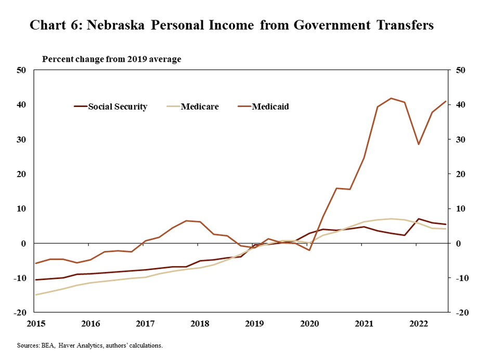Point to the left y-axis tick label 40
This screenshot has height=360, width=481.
[21, 104]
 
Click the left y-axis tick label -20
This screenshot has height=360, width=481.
[19, 313]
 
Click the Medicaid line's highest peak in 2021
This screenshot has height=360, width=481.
[391, 98]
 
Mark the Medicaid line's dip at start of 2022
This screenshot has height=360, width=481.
[419, 144]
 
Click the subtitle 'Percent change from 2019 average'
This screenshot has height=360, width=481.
[111, 59]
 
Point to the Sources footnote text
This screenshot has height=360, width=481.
[90, 345]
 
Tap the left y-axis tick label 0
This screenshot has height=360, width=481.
[23, 243]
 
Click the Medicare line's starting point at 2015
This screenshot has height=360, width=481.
[36, 295]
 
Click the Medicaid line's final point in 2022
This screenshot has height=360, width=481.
[446, 101]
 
